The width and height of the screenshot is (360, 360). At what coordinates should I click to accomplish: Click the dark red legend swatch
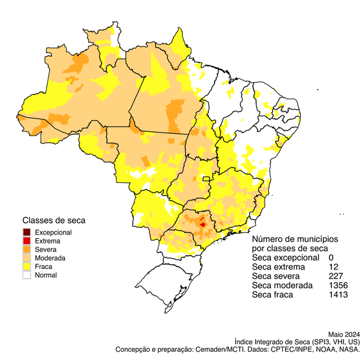point(26,231)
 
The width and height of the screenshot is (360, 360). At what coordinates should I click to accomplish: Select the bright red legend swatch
point(26,240)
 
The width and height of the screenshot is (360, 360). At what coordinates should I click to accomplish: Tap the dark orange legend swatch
point(26,248)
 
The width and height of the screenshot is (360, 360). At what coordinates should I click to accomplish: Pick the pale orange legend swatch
point(26,257)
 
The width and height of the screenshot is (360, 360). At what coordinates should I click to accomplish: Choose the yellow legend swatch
point(26,266)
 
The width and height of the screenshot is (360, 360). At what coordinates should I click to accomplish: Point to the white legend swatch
point(26,275)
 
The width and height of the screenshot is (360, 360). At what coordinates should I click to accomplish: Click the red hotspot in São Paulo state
point(203,224)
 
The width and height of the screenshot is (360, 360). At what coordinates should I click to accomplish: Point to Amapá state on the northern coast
point(180,48)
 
